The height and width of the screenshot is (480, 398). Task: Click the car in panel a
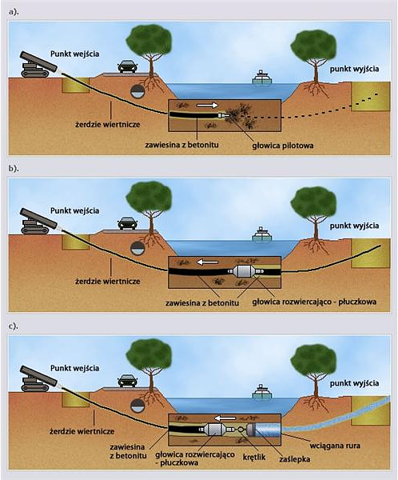(128, 66)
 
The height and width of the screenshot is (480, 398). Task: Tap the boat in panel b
(262, 234)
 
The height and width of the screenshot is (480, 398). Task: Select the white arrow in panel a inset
(207, 106)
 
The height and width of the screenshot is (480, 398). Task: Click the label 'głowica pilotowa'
(283, 146)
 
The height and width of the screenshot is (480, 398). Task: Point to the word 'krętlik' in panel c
(254, 457)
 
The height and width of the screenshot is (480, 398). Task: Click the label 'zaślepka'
(295, 459)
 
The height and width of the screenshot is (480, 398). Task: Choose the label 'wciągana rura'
(335, 446)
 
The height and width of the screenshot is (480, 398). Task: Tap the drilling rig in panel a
(38, 66)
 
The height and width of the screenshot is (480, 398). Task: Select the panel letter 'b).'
(14, 168)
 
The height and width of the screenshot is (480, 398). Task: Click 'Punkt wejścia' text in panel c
(74, 368)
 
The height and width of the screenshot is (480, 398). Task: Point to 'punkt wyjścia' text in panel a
(354, 69)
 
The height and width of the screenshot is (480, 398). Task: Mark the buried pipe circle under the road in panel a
(137, 91)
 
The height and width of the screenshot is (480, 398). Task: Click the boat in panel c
(262, 391)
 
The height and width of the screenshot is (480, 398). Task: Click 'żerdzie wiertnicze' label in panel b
(108, 281)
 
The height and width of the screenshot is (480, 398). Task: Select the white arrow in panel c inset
(225, 418)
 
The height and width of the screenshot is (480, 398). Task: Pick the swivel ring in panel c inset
(241, 429)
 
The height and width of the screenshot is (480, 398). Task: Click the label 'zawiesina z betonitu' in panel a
(181, 145)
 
